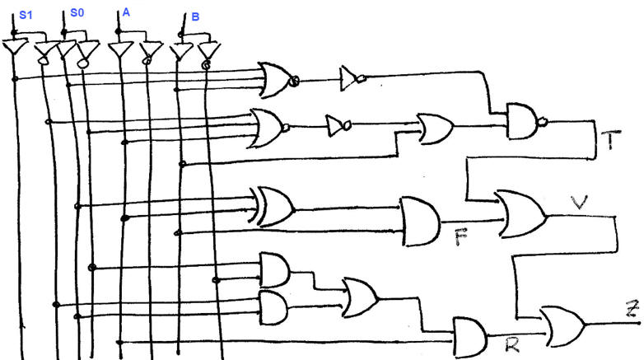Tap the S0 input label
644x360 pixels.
[x=77, y=13]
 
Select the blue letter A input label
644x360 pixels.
[x=126, y=13]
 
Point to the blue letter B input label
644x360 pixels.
[x=194, y=16]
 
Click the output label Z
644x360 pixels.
[x=632, y=311]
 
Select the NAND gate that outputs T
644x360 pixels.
[x=525, y=121]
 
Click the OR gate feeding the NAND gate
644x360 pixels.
[x=435, y=128]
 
